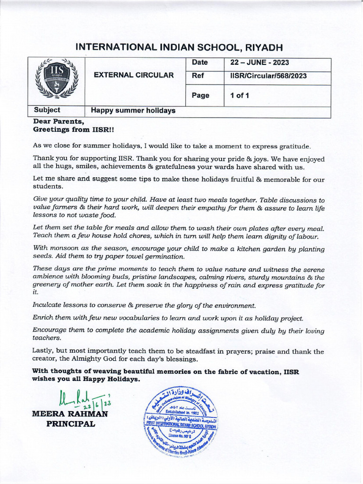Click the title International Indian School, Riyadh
[179, 47]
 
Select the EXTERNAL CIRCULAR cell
[134, 75]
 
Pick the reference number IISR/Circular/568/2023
[268, 75]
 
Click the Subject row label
[47, 110]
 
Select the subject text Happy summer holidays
[133, 111]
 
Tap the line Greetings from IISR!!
[73, 129]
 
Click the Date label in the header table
[200, 62]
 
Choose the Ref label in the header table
[198, 75]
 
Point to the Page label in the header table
[200, 95]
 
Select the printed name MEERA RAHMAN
[69, 415]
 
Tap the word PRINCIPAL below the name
[70, 424]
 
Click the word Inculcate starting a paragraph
[49, 305]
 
